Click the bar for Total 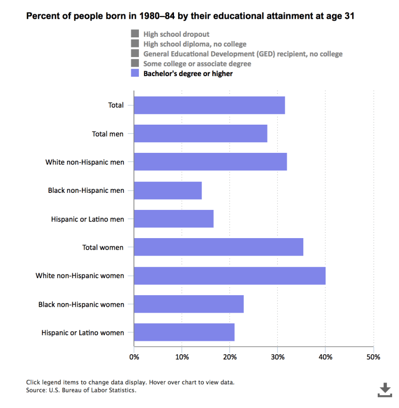(209, 105)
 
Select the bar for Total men (200, 133)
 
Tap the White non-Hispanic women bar (229, 275)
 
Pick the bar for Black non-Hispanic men (168, 190)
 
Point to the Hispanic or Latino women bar (184, 332)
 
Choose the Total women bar (218, 247)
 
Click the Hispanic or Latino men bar (173, 218)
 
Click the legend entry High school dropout (176, 35)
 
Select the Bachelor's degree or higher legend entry (188, 74)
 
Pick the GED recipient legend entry (243, 54)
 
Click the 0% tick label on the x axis (134, 357)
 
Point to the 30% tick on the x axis (278, 357)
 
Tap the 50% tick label (373, 357)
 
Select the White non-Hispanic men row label (85, 162)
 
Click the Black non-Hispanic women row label (81, 304)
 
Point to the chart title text (190, 16)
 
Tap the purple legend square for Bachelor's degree (135, 74)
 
